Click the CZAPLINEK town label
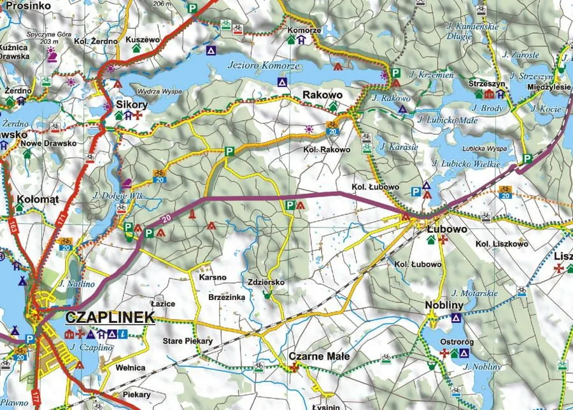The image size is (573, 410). pyautogui.click(x=110, y=317)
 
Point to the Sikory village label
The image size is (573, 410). pyautogui.click(x=132, y=104)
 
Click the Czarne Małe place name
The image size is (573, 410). pyautogui.click(x=319, y=357)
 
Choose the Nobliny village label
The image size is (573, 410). pyautogui.click(x=447, y=305)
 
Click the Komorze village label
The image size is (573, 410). pyautogui.click(x=302, y=29)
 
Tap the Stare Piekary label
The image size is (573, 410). pyautogui.click(x=187, y=341)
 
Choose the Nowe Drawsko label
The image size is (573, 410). pyautogui.click(x=49, y=143)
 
